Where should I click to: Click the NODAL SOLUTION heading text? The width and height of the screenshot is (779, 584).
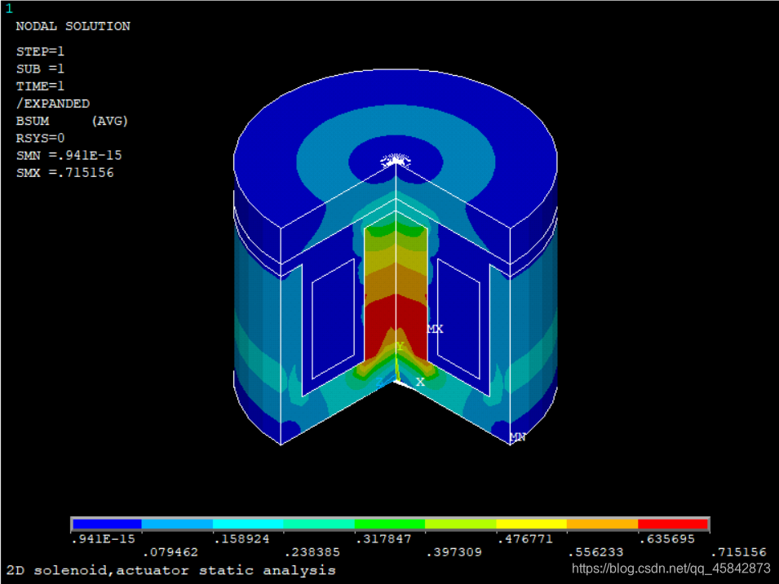coord(73,26)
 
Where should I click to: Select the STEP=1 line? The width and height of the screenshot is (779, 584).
coord(40,51)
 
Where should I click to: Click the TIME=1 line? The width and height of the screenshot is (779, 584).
coord(40,86)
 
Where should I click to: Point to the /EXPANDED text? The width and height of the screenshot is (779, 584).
coord(52,104)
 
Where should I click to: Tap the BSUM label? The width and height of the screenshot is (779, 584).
coord(32,121)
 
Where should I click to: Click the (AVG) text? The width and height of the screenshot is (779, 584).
coord(109,121)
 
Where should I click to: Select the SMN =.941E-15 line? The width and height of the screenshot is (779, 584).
coord(69,155)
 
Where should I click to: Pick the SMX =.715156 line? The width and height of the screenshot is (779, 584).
coord(64,173)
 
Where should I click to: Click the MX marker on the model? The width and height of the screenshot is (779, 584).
coord(435,329)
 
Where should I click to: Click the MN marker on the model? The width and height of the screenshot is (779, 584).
coord(517,437)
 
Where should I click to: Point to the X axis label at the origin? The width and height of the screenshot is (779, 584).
coord(420,382)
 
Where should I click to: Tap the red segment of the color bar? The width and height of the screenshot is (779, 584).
coord(673,524)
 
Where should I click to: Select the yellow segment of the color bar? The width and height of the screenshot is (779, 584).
coord(531,524)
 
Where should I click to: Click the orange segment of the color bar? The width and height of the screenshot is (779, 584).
coord(602,524)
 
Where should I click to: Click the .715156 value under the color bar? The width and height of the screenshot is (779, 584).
coord(738,552)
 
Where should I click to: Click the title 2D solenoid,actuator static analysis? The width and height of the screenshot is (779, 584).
coord(171,570)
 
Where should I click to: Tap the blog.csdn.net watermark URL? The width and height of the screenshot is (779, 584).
coord(671,569)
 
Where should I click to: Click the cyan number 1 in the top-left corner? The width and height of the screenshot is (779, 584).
coord(9,9)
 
